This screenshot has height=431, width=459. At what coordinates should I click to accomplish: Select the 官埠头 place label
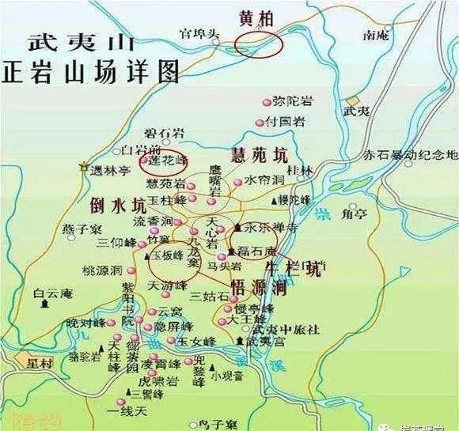point(197,34)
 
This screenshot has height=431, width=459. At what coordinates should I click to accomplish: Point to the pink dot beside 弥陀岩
point(267,102)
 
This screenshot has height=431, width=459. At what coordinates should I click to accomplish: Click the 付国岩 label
point(286,122)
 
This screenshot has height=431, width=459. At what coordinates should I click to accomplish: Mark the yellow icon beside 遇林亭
point(85,166)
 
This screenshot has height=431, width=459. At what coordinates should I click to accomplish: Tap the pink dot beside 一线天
point(122,402)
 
